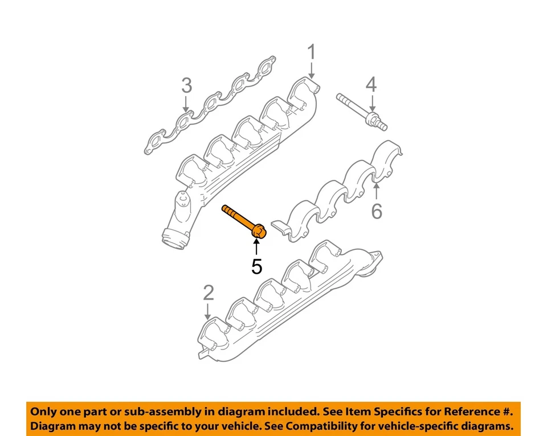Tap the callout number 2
(x=209, y=293)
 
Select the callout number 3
(x=186, y=86)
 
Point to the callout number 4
(x=371, y=85)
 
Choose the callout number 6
(x=376, y=211)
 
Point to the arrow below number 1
(x=311, y=71)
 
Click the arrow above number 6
(x=376, y=191)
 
